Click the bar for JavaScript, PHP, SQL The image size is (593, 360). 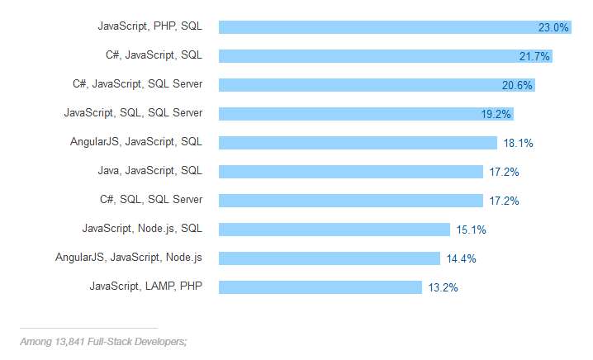click(372, 27)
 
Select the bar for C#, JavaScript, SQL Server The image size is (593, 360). click(363, 85)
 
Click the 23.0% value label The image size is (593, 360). click(553, 27)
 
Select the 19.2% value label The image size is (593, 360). click(496, 114)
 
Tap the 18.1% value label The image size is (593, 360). click(518, 143)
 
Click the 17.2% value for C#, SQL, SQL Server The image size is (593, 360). click(503, 201)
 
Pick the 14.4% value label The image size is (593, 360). click(461, 258)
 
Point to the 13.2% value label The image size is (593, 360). click(443, 287)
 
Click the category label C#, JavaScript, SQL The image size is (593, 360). click(149, 55)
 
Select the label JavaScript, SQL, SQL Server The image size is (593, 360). click(133, 113)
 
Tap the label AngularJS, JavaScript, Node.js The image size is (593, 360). click(129, 258)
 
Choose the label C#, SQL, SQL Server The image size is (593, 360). click(150, 200)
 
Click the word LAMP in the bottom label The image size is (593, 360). click(160, 287)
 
